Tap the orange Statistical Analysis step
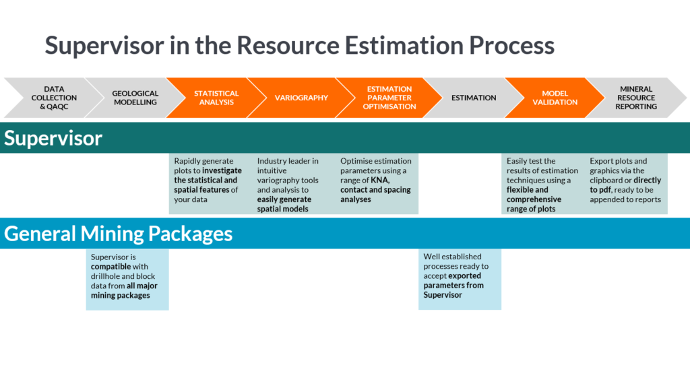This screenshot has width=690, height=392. tap(216, 98)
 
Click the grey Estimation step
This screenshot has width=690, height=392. tap(473, 98)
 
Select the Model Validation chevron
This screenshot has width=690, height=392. tap(555, 98)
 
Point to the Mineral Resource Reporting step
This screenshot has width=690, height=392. tap(635, 98)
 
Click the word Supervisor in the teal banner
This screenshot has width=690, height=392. tap(53, 138)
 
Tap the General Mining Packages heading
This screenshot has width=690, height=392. tap(119, 233)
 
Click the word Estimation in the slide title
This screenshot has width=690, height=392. tap(405, 45)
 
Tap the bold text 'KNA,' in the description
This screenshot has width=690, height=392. tap(380, 180)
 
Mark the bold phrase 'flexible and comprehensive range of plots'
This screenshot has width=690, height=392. tap(534, 199)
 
